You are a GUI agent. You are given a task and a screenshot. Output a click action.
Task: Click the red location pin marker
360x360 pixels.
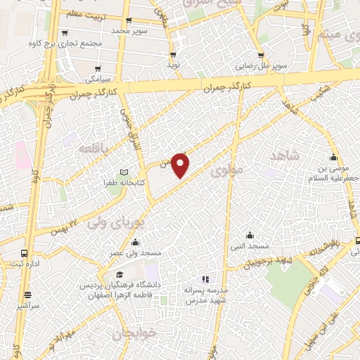(181, 164)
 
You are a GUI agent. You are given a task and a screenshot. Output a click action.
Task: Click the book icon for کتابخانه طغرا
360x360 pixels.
(124, 172)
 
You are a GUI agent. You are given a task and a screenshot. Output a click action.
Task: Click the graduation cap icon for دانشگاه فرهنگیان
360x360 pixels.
(120, 275)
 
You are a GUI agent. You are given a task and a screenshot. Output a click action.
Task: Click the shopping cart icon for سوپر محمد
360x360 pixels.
(127, 22)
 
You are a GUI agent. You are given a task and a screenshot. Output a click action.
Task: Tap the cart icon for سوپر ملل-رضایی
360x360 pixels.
(261, 55)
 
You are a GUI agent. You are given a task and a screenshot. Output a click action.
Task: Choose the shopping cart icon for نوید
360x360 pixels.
(173, 54)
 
